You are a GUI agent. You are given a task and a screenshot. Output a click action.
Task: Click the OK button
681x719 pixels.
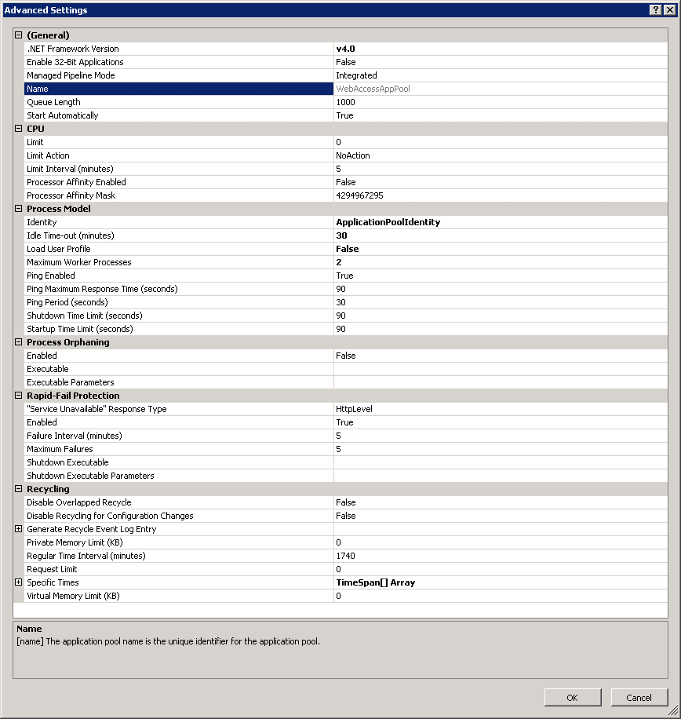[573, 697]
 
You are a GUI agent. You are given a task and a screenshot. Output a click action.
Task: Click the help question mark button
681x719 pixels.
[655, 10]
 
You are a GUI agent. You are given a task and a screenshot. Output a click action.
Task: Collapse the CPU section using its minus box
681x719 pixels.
[19, 129]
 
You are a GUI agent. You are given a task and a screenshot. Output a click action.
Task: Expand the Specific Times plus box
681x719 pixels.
[19, 582]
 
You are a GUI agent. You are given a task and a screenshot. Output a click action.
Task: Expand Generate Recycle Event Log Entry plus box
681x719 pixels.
[19, 529]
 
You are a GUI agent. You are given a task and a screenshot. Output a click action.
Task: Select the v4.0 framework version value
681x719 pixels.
[345, 49]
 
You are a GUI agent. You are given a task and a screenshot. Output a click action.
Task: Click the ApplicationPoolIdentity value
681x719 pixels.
[388, 222]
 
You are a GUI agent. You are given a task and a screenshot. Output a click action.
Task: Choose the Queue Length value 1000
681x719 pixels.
[345, 102]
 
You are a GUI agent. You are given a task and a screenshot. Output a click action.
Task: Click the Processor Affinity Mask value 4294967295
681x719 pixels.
[359, 195]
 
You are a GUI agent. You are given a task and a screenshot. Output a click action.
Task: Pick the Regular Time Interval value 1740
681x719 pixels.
[345, 556]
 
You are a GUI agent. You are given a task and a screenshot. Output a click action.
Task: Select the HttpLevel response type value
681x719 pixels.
[354, 409]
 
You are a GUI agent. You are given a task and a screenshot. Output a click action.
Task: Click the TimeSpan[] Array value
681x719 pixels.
[375, 582]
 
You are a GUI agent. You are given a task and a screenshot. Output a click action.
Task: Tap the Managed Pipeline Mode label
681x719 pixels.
[71, 75]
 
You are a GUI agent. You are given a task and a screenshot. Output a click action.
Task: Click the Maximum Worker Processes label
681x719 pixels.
[78, 262]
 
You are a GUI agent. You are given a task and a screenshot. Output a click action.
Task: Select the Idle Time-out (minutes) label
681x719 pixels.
[70, 235]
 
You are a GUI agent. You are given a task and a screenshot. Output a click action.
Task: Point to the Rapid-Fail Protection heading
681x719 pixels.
[73, 396]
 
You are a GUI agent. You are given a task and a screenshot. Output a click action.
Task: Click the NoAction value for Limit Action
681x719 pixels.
[353, 155]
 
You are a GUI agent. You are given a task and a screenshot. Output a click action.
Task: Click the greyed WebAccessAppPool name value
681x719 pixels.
[373, 89]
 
